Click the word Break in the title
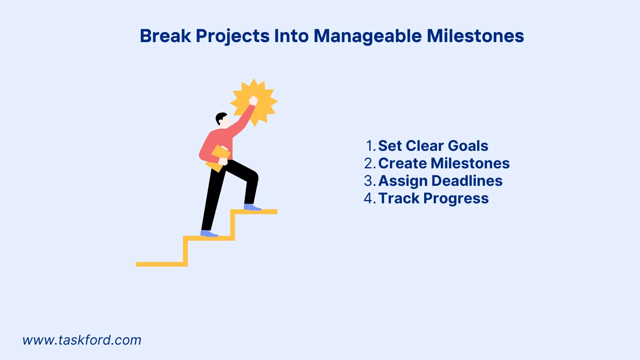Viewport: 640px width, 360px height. point(165,36)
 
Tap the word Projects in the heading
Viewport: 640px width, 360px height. point(232,36)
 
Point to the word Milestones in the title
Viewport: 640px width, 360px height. point(475,36)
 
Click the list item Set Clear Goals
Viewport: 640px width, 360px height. point(433,146)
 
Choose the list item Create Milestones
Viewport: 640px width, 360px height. point(444,163)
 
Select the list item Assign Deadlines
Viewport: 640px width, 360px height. point(440,181)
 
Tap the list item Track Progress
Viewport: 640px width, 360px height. point(433,198)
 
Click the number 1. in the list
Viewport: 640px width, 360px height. point(370,146)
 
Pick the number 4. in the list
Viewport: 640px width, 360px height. point(370,198)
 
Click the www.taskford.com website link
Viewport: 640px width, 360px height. point(82,340)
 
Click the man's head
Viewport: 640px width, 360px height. point(222,120)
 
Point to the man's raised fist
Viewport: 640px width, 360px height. point(253,101)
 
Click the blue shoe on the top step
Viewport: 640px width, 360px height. point(252,207)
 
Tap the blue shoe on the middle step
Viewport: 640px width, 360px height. point(208,233)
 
